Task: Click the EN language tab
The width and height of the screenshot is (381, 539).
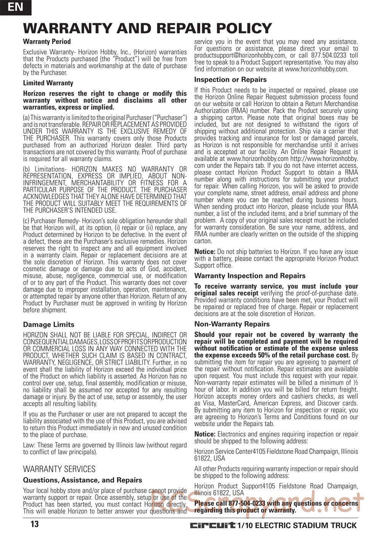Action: pos(15,7)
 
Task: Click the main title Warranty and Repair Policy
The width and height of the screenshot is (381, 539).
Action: pos(147,28)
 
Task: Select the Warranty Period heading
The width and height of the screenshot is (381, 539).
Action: pos(47,42)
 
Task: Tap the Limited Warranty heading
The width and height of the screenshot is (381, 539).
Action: pos(48,83)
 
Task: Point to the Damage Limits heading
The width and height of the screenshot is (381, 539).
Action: pos(48,325)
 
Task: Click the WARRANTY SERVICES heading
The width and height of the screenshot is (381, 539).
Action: pos(59,469)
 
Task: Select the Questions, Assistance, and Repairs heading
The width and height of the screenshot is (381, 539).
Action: pos(82,480)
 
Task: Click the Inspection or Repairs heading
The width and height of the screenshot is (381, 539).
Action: pos(230,80)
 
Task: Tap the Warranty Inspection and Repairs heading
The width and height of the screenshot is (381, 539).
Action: pos(250,276)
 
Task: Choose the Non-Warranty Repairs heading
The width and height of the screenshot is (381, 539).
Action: pos(232,324)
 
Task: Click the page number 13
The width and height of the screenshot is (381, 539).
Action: pos(34,525)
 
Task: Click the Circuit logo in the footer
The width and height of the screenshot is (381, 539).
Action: pos(213,525)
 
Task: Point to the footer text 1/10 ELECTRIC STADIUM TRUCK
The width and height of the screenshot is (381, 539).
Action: pos(297,526)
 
